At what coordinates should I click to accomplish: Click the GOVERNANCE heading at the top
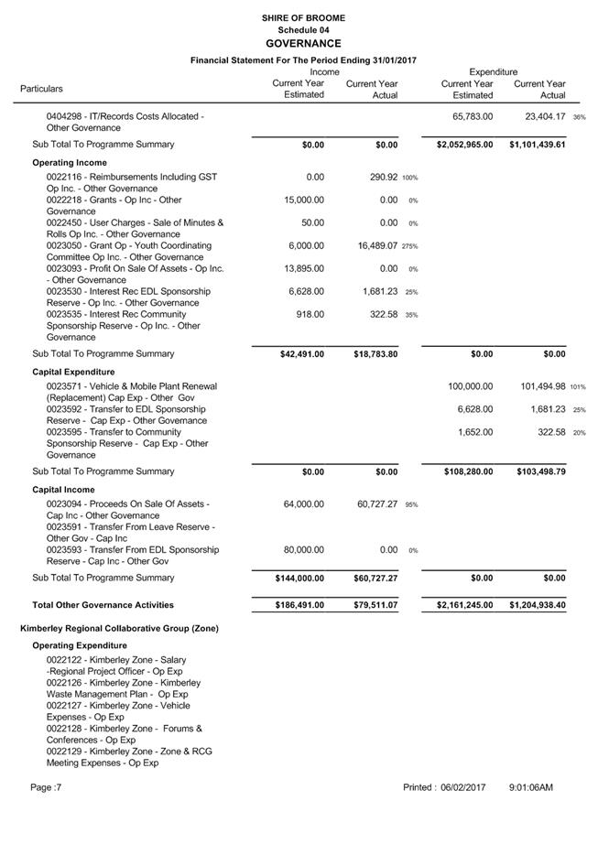click(302, 43)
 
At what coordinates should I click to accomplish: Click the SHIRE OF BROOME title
click(302, 17)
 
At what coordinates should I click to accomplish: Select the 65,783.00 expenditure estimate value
click(473, 117)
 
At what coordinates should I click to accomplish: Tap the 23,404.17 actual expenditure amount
click(539, 117)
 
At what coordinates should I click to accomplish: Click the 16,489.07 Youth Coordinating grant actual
click(369, 246)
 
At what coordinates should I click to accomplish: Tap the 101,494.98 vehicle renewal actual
click(535, 386)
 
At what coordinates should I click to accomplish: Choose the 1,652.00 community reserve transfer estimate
click(475, 432)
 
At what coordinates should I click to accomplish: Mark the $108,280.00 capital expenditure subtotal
click(462, 472)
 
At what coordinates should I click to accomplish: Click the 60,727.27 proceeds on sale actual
click(369, 504)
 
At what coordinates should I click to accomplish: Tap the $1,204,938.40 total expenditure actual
click(538, 605)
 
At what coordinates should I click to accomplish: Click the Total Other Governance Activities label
click(103, 605)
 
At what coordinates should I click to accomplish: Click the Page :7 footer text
click(46, 787)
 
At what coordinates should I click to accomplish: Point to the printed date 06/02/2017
click(463, 787)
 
